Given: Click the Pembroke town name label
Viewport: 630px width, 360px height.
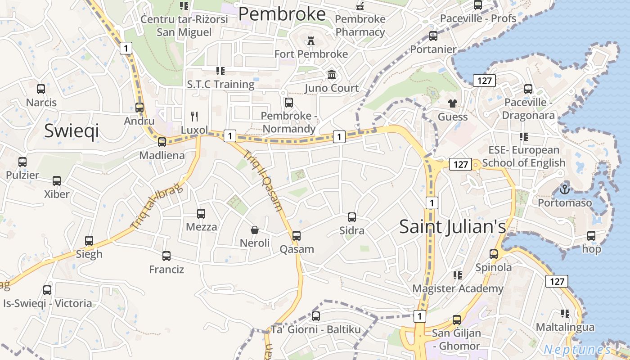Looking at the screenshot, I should pos(282,14).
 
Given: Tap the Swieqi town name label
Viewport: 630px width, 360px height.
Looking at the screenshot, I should pos(71,130).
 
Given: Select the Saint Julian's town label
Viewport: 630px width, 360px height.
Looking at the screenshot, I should pos(453,226).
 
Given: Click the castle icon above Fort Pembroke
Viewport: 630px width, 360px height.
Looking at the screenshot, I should pos(310,41).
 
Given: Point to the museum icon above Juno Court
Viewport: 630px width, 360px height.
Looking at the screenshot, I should pos(332,74).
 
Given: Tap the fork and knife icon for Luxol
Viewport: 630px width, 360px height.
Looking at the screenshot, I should pos(194,117).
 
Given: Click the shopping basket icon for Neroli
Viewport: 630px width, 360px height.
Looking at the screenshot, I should pos(254,230).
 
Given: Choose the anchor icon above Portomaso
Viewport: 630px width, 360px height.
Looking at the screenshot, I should pos(565,189).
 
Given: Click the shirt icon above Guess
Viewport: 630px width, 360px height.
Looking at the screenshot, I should pos(453,103).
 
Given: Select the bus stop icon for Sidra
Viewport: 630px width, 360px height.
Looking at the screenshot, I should pos(352,217).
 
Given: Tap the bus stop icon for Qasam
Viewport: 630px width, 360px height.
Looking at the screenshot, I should pos(296,235).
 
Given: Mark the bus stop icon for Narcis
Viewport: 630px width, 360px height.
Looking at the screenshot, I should pos(41,89).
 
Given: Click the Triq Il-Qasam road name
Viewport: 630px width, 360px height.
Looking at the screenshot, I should pos(263,180).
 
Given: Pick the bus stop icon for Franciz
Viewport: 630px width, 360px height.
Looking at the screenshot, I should pos(166,256).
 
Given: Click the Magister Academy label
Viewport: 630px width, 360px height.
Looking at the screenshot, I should pos(458,288).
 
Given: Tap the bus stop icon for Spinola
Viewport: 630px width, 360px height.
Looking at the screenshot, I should pos(494,254).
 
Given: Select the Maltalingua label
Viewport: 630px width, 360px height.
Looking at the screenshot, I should pos(565,327).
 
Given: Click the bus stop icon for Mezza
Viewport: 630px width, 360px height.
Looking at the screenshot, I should pos(201,214).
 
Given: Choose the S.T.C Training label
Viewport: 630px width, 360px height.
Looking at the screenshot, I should pos(220,84).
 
